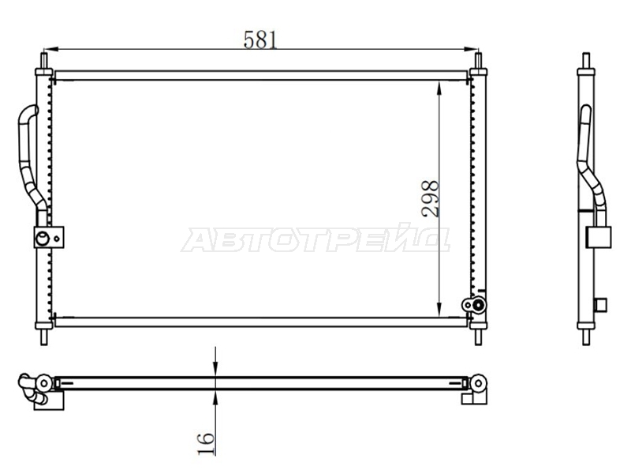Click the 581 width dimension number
click(260, 40)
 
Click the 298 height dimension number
click(430, 199)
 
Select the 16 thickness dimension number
click(206, 444)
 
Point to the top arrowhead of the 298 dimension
click(439, 88)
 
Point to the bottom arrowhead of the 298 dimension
click(439, 310)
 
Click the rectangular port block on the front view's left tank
click(49, 237)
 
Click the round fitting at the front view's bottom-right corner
click(475, 305)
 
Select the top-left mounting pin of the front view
click(44, 61)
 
